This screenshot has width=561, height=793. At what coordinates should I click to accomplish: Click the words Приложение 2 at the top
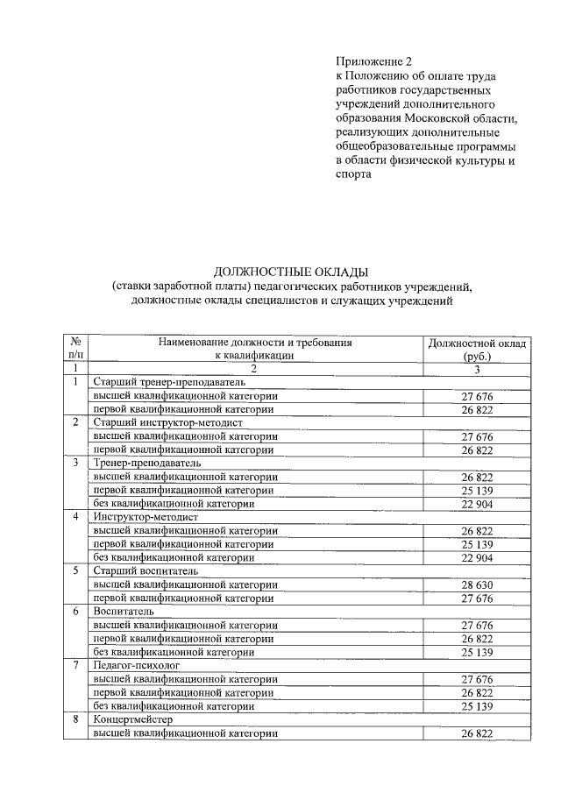tap(373, 61)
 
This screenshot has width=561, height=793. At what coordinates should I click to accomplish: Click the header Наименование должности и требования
tap(255, 343)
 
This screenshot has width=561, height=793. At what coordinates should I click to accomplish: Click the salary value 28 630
tap(477, 584)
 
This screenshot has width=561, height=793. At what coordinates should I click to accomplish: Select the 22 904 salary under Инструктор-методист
tap(477, 557)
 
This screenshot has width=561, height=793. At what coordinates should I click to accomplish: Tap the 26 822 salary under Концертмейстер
tap(477, 733)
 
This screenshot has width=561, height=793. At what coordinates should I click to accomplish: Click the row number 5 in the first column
tap(76, 571)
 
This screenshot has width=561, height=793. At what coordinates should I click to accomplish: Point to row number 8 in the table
tap(76, 719)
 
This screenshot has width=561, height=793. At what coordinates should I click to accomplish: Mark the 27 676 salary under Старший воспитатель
tap(477, 598)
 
